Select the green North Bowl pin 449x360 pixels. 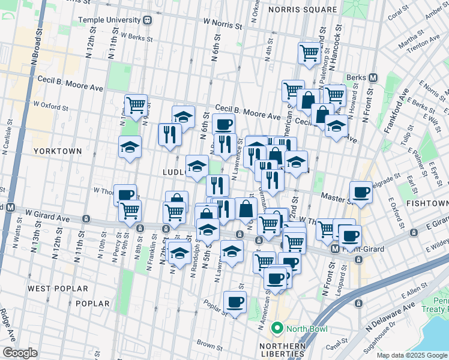pos(277,328)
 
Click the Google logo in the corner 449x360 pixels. pos(20,353)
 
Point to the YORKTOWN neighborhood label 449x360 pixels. pos(57,150)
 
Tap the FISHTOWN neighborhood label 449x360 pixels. pos(427,204)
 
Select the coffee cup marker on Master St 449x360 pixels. pos(361,192)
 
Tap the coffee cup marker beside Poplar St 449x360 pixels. pos(235,302)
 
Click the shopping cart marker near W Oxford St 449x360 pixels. pos(136,105)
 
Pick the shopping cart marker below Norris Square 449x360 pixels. pos(309,52)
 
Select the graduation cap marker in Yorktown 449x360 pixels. pos(130,147)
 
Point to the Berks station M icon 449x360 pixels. pos(373,77)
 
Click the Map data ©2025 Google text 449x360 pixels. pos(411,355)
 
